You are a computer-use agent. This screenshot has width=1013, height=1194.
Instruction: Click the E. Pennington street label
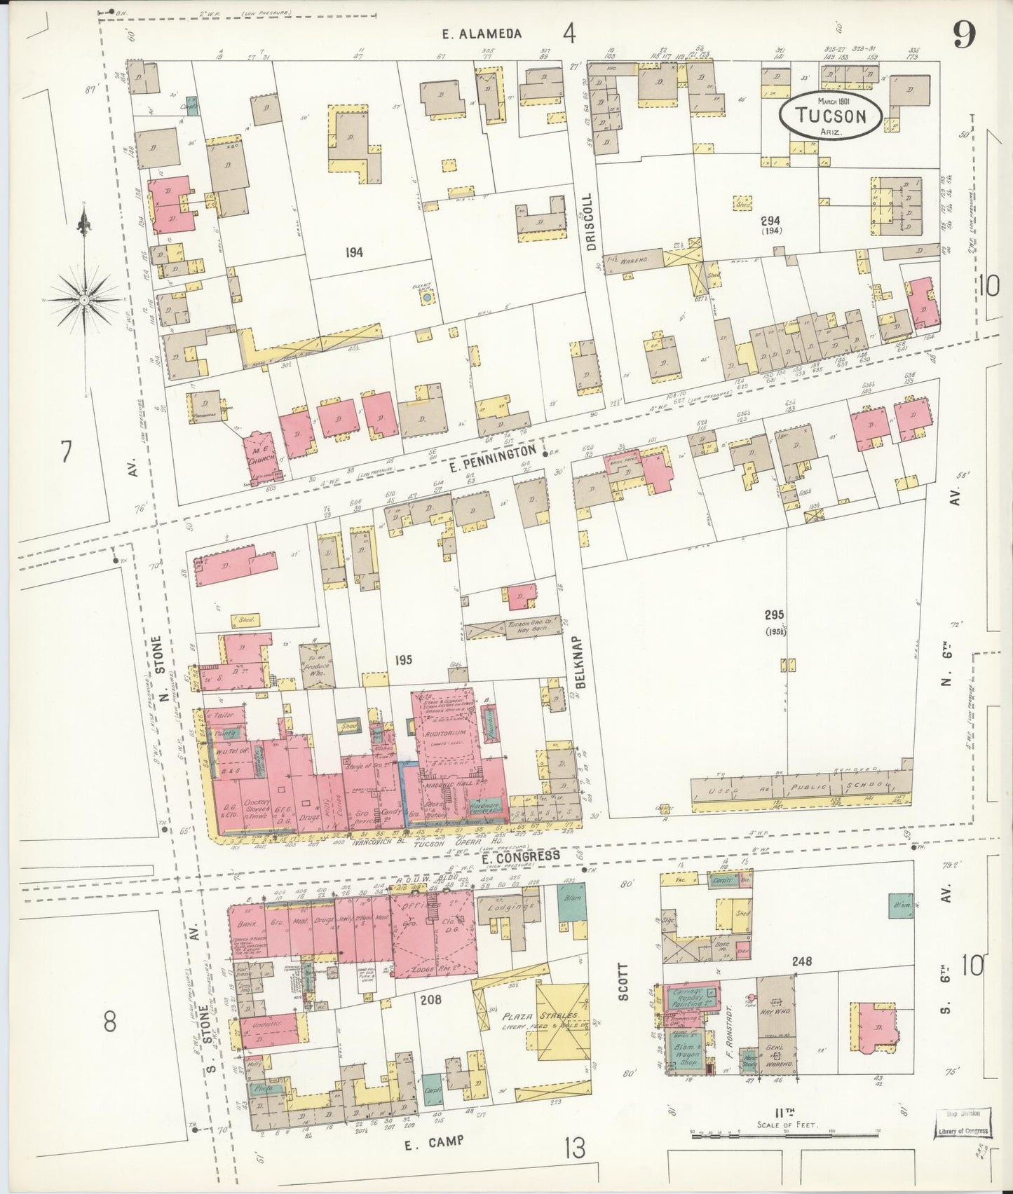[x=495, y=454]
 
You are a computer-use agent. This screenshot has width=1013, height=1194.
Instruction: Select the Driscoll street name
[x=590, y=222]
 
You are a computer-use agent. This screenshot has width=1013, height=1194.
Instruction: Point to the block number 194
[x=354, y=252]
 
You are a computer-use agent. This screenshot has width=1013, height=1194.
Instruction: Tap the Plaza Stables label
[x=548, y=1015]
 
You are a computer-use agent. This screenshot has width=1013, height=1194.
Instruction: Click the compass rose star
[x=84, y=299]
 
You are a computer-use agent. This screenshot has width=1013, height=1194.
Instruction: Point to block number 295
[x=774, y=615]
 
